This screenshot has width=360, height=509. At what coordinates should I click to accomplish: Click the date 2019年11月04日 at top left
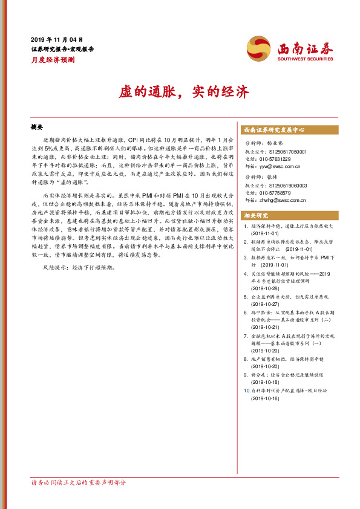56,39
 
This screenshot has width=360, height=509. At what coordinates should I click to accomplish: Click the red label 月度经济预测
53,60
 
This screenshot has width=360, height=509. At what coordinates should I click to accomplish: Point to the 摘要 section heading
38,128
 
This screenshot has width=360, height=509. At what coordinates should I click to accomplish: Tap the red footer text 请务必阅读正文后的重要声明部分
79,482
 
